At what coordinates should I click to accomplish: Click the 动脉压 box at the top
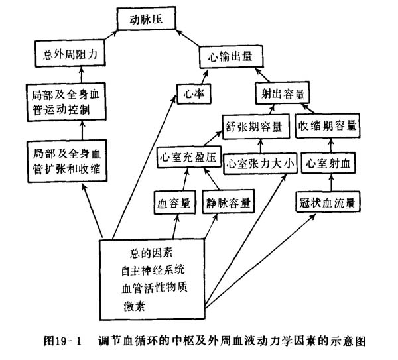[x=147, y=19]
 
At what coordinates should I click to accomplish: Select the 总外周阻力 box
[x=70, y=54]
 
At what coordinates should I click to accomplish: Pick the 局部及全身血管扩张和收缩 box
[x=68, y=160]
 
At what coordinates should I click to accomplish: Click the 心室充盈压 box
[x=187, y=158]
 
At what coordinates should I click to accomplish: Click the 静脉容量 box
[x=228, y=202]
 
